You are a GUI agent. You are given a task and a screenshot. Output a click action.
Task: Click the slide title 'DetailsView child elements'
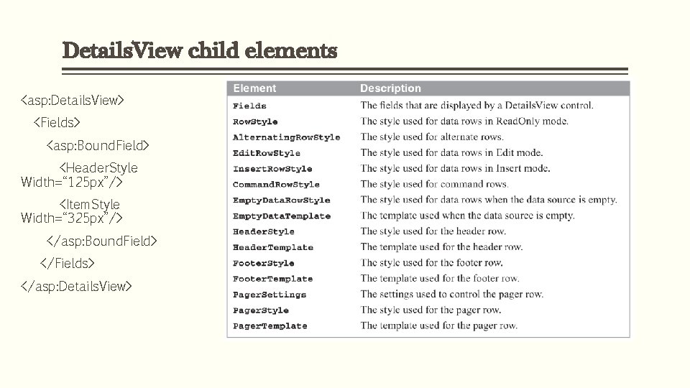[199, 52]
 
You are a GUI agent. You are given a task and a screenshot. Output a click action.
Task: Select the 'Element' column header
[254, 88]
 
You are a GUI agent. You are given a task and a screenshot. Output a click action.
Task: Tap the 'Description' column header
[390, 88]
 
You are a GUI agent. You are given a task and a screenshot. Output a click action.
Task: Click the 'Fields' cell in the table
[249, 106]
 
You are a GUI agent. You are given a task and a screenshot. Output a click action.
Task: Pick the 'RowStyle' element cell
[255, 121]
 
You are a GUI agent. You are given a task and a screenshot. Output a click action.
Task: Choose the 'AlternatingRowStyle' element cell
[286, 137]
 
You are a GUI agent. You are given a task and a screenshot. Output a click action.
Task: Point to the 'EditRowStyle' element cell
[267, 153]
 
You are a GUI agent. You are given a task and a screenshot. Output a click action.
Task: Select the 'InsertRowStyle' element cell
[272, 169]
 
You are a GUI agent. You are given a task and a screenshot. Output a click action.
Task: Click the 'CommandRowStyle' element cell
[276, 185]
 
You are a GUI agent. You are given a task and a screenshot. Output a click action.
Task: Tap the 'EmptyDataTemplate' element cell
[282, 216]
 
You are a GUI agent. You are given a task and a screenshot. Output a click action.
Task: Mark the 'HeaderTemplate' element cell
[273, 247]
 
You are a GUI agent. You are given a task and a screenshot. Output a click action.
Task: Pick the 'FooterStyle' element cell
[264, 263]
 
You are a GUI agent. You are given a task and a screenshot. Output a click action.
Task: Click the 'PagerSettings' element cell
[270, 295]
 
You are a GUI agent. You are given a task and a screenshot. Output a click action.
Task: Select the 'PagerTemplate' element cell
[270, 326]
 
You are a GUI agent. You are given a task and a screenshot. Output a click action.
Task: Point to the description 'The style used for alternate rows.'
[432, 137]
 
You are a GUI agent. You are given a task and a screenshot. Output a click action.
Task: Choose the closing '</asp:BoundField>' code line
[101, 241]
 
